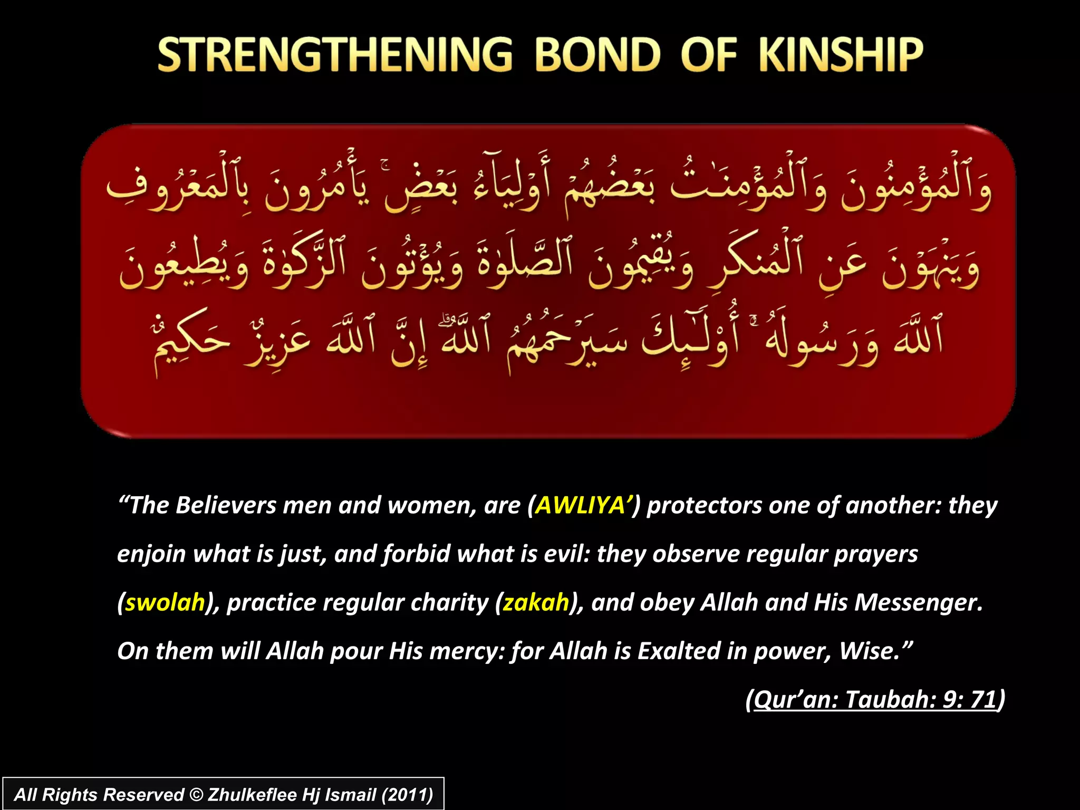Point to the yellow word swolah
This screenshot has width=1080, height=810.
pyautogui.click(x=165, y=602)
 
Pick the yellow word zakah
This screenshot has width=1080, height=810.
pyautogui.click(x=536, y=602)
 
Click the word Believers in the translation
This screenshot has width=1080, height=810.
pyautogui.click(x=226, y=505)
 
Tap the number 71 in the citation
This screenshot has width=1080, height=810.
pyautogui.click(x=983, y=700)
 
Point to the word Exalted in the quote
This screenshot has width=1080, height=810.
pyautogui.click(x=679, y=651)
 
